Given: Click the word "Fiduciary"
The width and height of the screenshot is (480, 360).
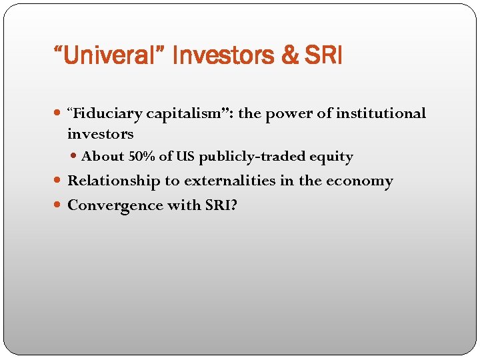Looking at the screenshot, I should tap(105, 114).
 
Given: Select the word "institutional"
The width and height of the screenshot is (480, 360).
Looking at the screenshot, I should tap(381, 114).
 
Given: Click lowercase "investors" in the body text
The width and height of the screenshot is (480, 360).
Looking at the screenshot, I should tap(100, 134).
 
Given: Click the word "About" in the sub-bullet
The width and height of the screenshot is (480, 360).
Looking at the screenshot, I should tap(103, 157).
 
